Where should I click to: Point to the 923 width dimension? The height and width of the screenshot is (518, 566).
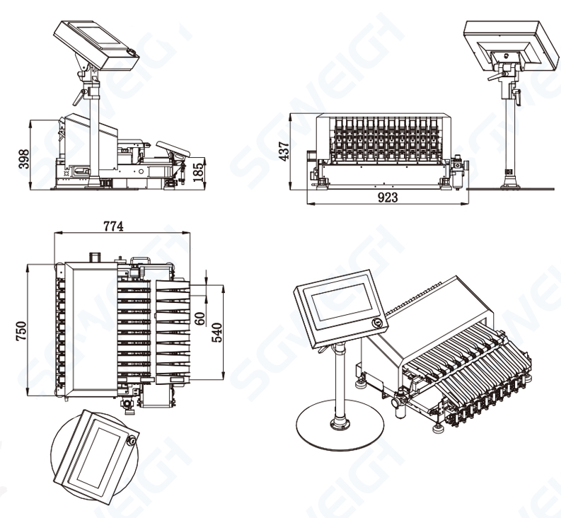click(388, 199)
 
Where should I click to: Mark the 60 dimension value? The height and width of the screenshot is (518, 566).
click(200, 318)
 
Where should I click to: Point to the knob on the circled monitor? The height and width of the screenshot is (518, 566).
click(132, 440)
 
